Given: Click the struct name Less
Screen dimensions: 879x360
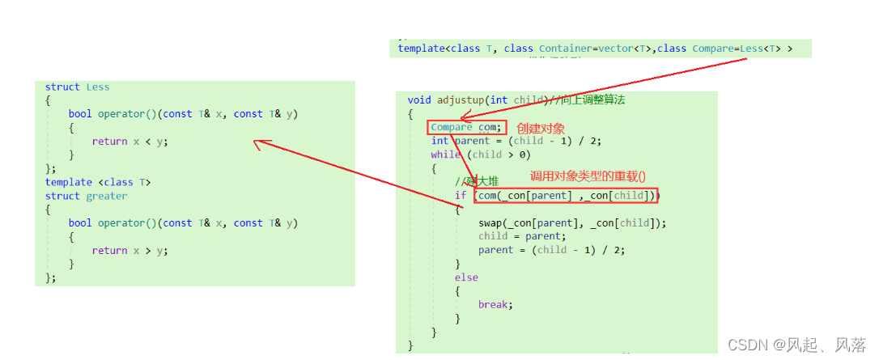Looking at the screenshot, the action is pyautogui.click(x=97, y=87).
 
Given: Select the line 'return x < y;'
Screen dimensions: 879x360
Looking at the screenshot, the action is pyautogui.click(x=130, y=142).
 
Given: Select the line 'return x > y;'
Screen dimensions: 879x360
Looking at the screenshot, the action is pyautogui.click(x=130, y=251).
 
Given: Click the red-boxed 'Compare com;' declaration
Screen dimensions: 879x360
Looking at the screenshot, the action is pyautogui.click(x=466, y=127).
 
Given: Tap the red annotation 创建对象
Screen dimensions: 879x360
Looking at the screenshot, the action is pyautogui.click(x=541, y=128).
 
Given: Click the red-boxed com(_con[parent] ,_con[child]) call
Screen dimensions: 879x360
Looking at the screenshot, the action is pyautogui.click(x=567, y=195).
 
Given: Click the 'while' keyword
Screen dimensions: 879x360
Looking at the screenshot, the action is pyautogui.click(x=445, y=155).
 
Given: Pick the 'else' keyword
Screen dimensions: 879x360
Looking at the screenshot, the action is pyautogui.click(x=466, y=277).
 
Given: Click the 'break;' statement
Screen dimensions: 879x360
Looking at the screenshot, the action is pyautogui.click(x=495, y=305).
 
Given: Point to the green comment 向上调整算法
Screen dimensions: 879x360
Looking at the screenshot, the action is pyautogui.click(x=592, y=100).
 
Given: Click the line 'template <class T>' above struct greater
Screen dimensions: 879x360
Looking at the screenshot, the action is pyautogui.click(x=98, y=182).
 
